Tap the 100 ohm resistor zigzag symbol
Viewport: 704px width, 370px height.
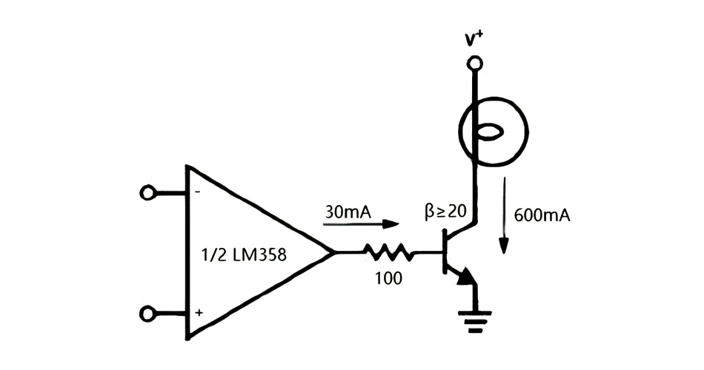coord(389,253)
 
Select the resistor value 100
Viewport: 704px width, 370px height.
coord(388,279)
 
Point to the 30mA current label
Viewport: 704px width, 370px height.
coord(348,212)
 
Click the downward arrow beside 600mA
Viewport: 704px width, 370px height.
coord(504,215)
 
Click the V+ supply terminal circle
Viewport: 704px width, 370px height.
coord(474,65)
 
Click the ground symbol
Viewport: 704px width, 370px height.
coord(474,319)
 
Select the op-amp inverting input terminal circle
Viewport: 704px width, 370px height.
coord(148,193)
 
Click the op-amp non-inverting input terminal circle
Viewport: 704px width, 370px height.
coord(148,314)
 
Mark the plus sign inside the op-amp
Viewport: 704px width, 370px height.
coord(199,313)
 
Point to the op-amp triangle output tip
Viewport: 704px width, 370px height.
coord(333,253)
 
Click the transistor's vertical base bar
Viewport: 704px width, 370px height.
coord(445,253)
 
